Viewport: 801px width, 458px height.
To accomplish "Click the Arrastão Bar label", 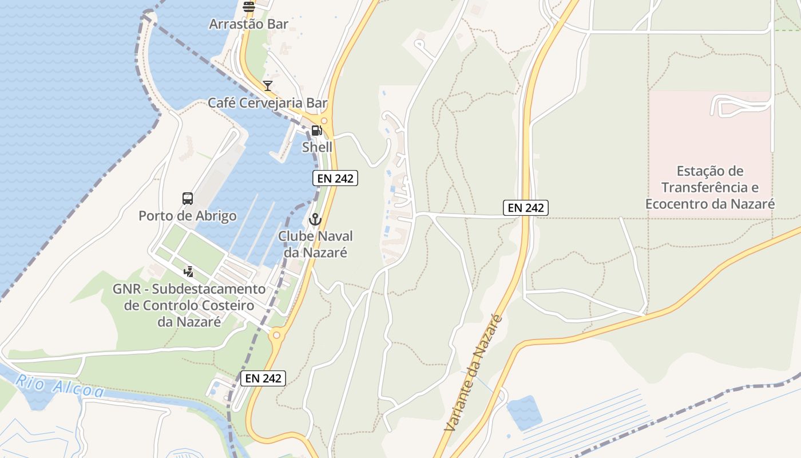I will click(248, 25).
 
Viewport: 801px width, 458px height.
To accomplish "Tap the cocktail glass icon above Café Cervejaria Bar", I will click(267, 86).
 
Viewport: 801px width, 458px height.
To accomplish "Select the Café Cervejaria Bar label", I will click(267, 104).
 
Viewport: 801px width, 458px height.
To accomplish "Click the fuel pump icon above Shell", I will click(316, 130).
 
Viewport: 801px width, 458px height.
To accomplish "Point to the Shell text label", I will click(317, 147).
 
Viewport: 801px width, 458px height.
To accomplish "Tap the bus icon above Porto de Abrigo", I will click(188, 199).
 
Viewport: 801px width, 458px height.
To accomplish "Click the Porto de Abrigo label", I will click(188, 216).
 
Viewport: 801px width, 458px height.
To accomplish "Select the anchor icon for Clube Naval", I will click(315, 219).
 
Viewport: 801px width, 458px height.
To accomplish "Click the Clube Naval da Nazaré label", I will click(315, 244).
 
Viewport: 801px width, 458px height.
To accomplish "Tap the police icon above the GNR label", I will click(188, 272).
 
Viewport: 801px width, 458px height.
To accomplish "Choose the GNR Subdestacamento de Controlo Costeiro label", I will click(189, 305).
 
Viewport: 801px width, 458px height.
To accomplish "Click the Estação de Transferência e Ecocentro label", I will click(709, 187).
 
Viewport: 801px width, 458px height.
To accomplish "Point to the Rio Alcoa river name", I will click(60, 386).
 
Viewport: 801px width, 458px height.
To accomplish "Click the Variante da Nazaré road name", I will click(473, 373).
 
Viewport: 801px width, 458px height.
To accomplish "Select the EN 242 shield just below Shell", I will click(335, 178).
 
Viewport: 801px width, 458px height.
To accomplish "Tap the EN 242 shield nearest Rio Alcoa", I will click(263, 378).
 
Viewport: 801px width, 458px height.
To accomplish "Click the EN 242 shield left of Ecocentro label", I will click(526, 208).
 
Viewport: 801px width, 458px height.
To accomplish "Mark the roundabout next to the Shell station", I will click(324, 121).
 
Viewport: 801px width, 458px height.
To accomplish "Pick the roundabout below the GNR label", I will click(277, 335).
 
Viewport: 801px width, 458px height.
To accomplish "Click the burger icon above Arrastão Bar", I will click(248, 7).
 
